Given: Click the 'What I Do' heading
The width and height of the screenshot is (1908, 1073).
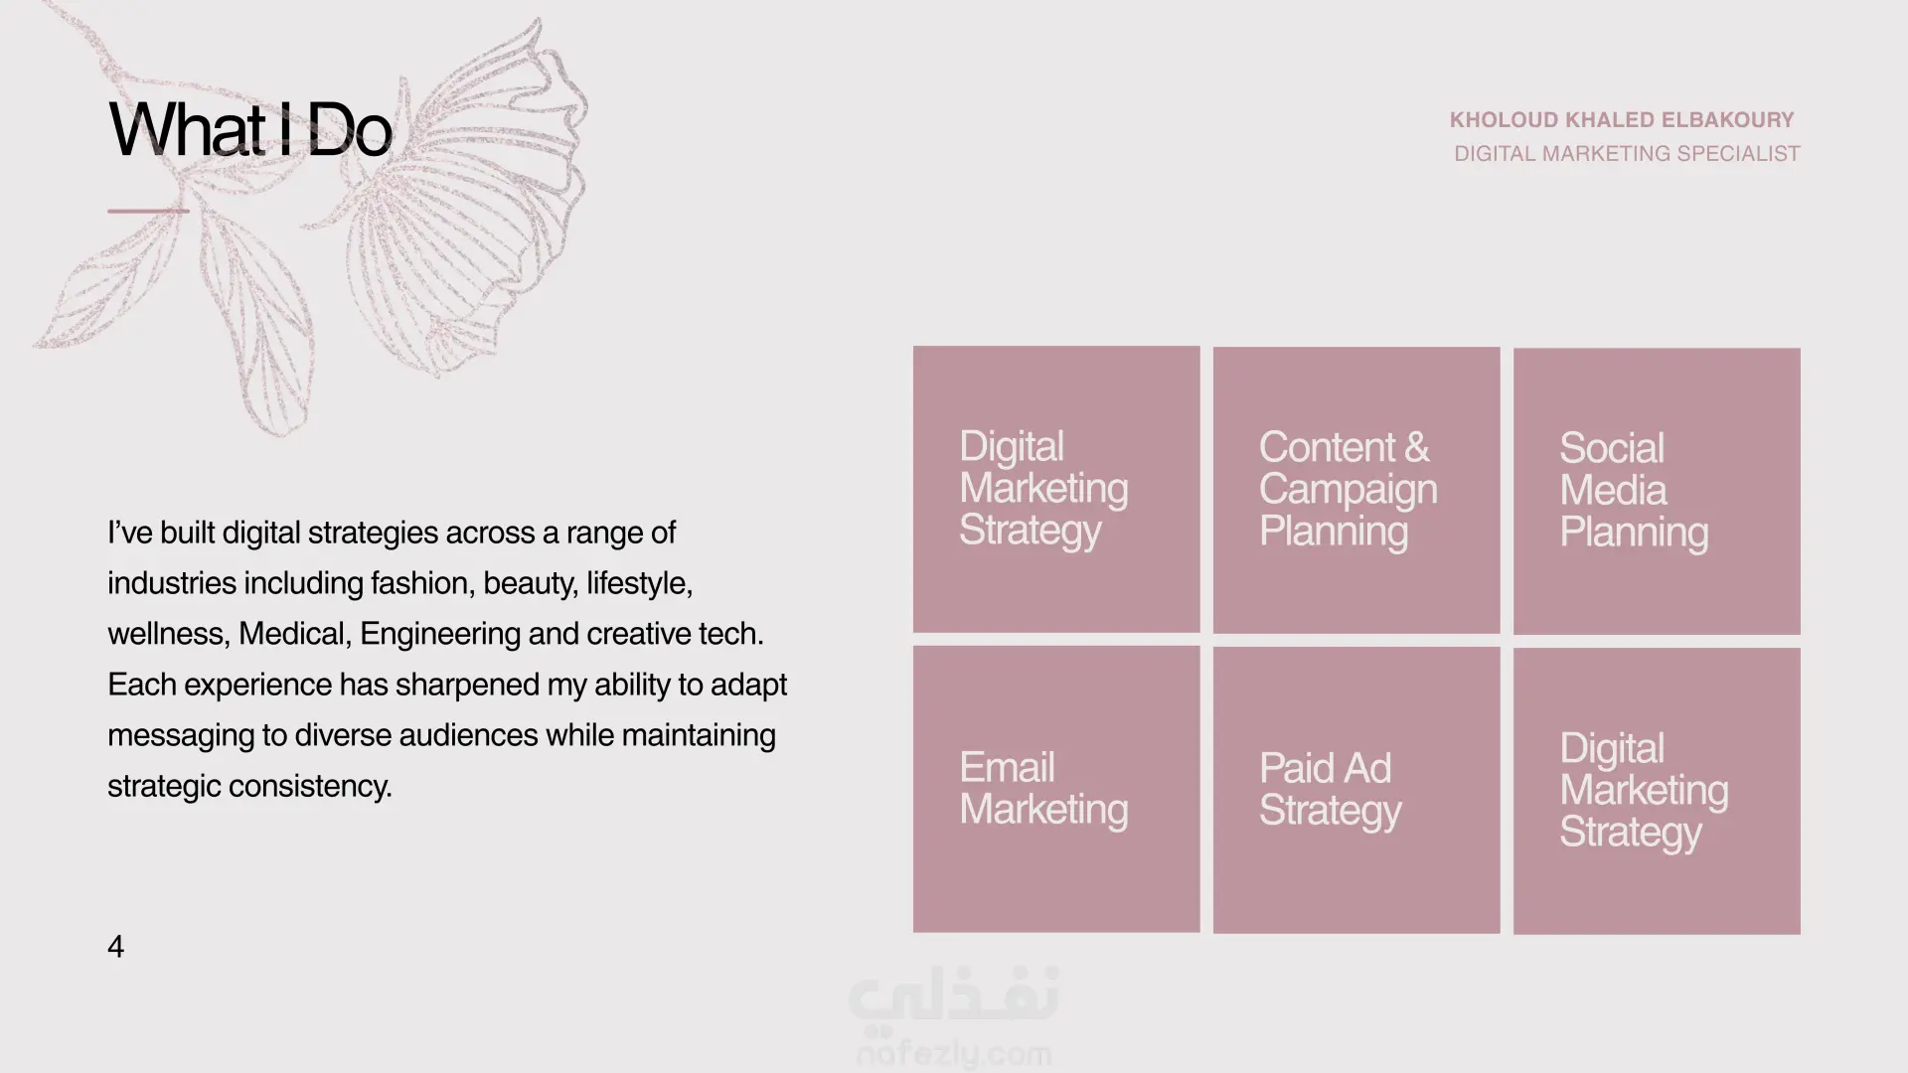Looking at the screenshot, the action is pos(249,129).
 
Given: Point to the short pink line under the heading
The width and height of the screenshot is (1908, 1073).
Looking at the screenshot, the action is pos(148,211).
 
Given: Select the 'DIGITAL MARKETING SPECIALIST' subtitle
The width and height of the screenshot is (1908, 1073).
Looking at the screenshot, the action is pos(1627,154).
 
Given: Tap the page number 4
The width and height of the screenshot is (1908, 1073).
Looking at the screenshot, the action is pos(115,947).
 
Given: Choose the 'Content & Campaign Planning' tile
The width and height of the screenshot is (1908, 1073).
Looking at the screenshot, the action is pos(1356,490).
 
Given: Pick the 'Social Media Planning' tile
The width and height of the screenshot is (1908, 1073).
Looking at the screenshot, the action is pos(1657,491).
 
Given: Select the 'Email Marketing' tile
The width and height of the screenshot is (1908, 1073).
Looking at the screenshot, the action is pos(1056,789).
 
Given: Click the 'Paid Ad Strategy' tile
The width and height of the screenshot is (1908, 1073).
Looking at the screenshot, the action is pos(1356,790).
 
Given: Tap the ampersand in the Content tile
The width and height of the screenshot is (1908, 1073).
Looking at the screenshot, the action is pos(1417,447).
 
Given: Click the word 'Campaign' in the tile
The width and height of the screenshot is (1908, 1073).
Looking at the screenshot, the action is pos(1349,490).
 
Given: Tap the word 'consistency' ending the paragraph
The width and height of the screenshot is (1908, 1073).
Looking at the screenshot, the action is pos(310,786).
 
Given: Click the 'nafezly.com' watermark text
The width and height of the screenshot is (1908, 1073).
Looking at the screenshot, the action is pos(954,1053).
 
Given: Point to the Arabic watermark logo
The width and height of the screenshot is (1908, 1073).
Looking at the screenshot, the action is pos(954,996).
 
